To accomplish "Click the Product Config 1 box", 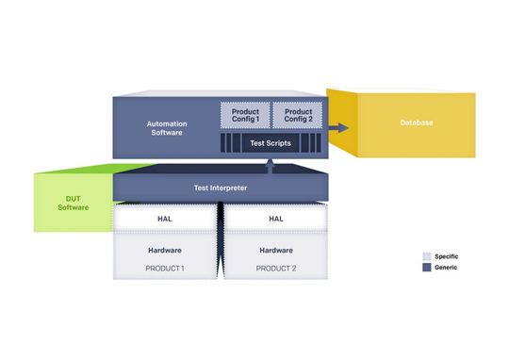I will [245, 116].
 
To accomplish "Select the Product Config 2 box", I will [297, 116].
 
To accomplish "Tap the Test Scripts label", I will [271, 143].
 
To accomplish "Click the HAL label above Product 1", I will [164, 219].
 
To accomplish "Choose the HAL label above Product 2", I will [276, 219].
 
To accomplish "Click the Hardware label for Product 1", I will [164, 251].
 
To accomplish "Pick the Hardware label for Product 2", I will [276, 251].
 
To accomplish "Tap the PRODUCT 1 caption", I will [164, 269].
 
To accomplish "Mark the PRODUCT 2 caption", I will [276, 269].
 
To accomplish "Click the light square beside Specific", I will [426, 256].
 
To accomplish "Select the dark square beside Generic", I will [426, 268].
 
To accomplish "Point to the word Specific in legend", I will [446, 256].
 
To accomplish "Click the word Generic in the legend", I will [445, 268].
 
